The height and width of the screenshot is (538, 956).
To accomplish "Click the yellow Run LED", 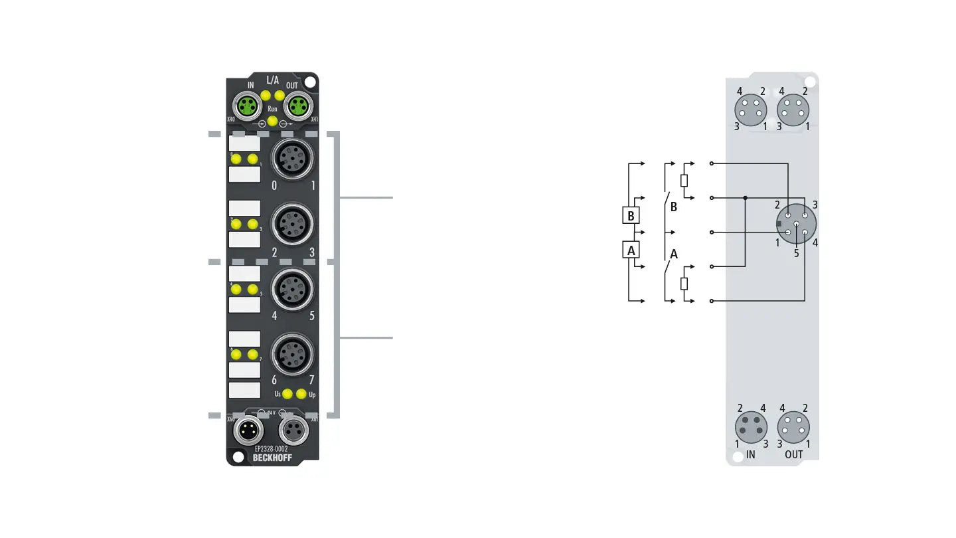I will tap(272, 120).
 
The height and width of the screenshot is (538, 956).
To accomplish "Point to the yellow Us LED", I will tap(287, 394).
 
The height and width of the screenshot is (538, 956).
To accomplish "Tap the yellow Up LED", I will tap(301, 394).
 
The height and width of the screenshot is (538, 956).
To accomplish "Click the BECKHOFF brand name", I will tap(272, 458).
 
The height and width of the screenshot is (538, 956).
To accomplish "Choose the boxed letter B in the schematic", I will tap(631, 215).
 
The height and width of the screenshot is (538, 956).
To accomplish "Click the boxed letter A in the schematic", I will tap(631, 250).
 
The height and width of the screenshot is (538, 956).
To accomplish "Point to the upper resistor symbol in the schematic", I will tap(684, 180).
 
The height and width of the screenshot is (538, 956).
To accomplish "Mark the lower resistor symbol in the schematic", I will tap(684, 284).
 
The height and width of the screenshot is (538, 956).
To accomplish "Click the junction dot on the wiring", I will tap(746, 198).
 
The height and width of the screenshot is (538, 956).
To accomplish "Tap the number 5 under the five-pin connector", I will tap(796, 253).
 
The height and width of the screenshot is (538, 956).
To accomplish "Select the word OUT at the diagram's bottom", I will tap(793, 455).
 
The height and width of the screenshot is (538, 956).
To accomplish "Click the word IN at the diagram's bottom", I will tap(751, 455).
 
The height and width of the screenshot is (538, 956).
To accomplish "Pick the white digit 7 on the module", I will tap(311, 381).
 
